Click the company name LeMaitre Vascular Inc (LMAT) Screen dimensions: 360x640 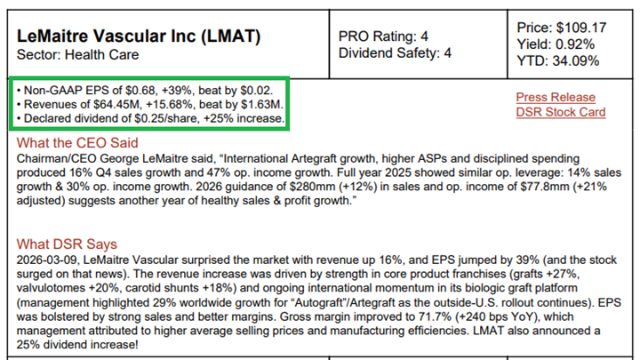tap(139, 36)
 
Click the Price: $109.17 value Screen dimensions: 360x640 tap(562, 27)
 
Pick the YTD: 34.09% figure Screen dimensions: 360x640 tap(561, 60)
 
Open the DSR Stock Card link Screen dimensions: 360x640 tap(560, 112)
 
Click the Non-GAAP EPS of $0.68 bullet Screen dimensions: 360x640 tap(148, 91)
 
